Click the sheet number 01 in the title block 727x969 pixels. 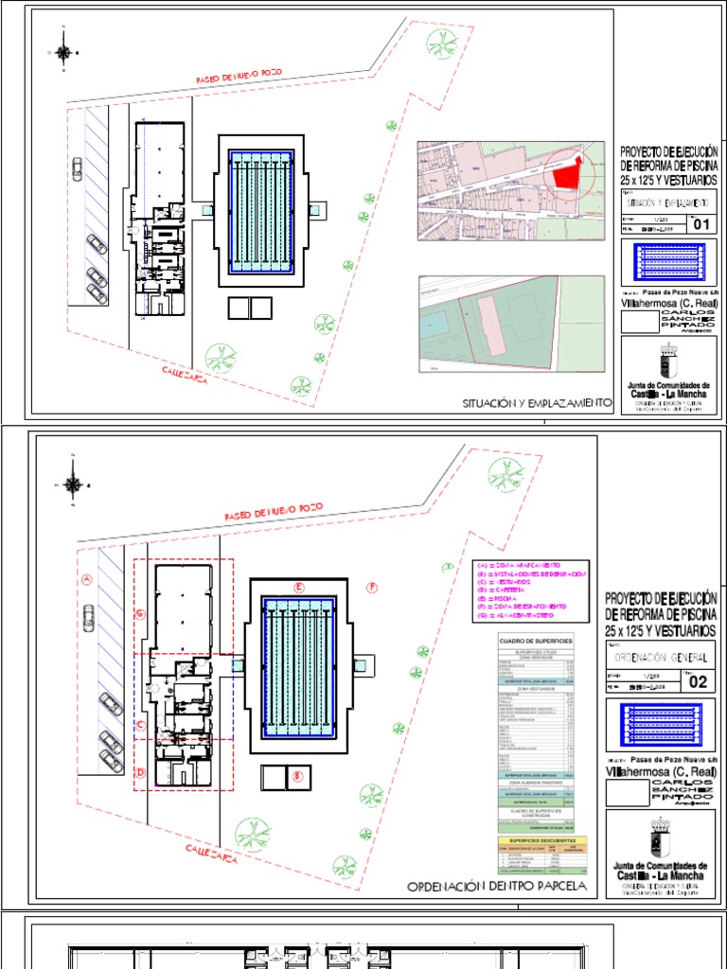coord(701,224)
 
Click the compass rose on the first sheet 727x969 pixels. coord(63,53)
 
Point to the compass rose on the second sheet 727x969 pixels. coord(72,484)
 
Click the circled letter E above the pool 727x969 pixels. coord(299,588)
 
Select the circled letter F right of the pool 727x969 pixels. coord(372,588)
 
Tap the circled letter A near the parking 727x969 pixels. coord(86,579)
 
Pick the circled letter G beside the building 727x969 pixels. coord(141,614)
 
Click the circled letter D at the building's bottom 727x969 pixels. coord(141,772)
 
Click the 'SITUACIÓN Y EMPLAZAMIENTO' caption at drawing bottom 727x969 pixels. coord(537,403)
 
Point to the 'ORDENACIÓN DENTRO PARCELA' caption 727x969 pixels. coord(497,887)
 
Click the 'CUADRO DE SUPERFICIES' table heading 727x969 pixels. coord(536,642)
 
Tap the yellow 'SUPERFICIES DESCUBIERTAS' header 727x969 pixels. coord(536,839)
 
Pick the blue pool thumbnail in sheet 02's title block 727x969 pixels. coord(662,726)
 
